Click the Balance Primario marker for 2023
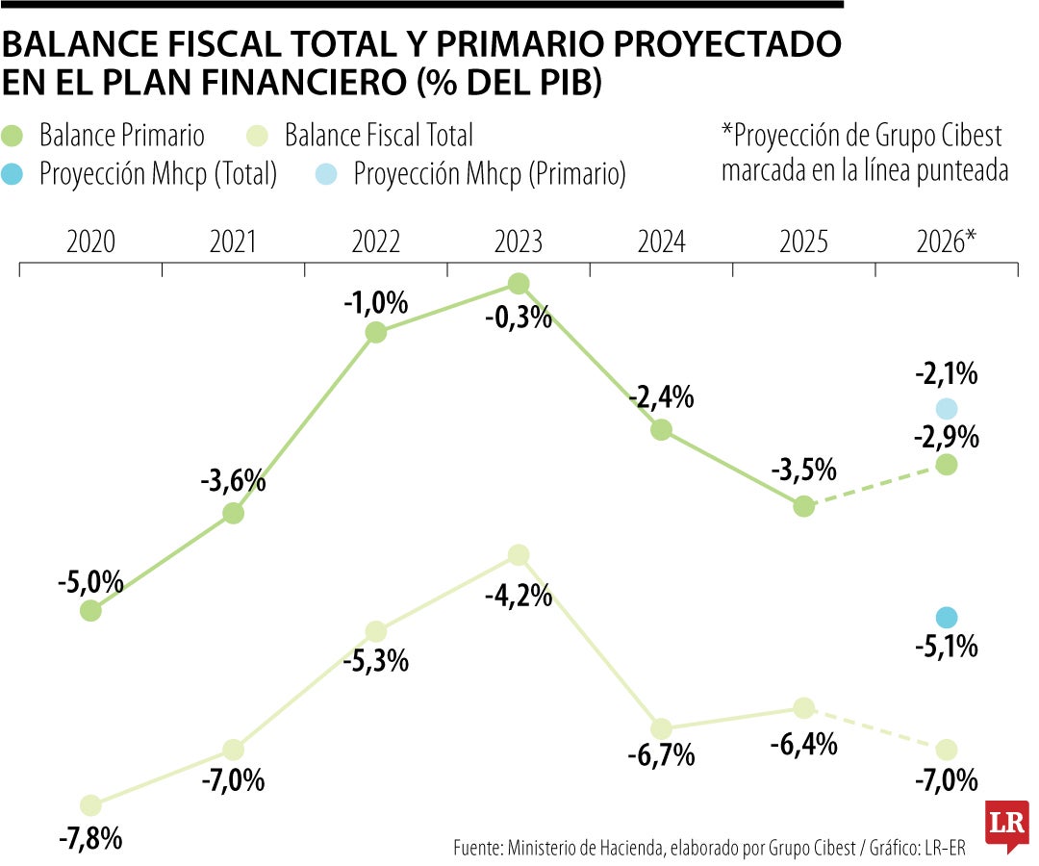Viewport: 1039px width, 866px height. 519,283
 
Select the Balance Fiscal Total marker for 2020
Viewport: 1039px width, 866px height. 90,804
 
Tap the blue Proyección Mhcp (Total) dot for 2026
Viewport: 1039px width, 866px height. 946,617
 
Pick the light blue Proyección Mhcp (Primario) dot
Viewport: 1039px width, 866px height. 946,408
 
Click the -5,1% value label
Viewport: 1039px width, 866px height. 946,647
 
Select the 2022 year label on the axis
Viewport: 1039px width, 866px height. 375,242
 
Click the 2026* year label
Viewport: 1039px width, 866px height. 946,242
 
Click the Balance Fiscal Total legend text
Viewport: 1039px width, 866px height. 378,136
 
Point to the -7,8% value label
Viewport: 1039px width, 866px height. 90,838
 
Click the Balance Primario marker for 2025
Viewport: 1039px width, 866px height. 804,506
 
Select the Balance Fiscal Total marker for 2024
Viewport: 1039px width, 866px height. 661,727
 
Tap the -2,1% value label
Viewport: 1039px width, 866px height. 946,372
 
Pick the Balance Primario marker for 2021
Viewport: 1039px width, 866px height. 233,513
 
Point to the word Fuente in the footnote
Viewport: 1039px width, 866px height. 475,847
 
